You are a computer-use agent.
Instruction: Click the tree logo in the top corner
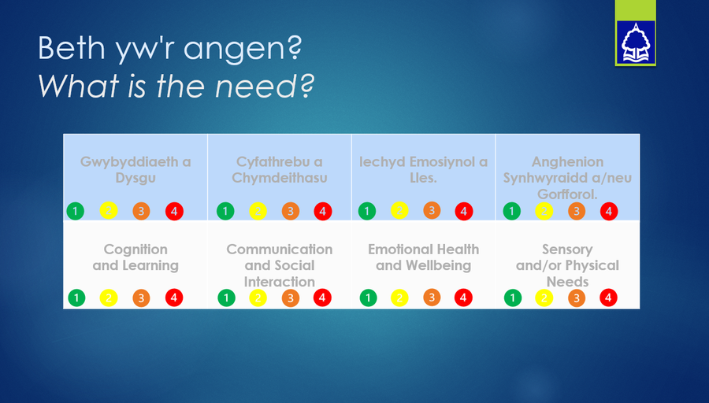point(635,42)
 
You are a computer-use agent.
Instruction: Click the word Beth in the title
point(72,47)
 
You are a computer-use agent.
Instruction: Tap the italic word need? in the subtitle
point(265,86)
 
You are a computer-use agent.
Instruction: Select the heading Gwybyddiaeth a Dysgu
point(135,169)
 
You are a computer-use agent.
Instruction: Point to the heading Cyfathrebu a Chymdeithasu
point(280,169)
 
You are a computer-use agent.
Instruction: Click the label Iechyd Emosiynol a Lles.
point(423,169)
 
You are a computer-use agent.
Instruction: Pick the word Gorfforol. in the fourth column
point(567,194)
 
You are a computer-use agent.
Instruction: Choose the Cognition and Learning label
point(135,257)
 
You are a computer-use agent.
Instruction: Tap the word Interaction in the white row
point(280,282)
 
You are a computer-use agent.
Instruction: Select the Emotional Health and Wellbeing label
point(423,257)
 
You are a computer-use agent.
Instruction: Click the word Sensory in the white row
point(567,250)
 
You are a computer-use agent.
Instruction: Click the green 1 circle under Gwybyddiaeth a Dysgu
point(76,211)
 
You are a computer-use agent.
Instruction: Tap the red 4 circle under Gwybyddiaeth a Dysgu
point(174,211)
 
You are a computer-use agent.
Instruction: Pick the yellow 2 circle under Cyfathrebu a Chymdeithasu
point(258,211)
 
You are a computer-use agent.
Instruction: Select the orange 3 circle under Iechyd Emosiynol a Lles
point(432,210)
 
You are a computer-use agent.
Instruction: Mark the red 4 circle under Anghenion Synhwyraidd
point(609,211)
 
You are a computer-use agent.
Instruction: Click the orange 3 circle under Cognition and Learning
point(141,298)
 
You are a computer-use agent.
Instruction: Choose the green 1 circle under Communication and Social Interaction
point(226,298)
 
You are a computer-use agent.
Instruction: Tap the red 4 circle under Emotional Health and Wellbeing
point(463,298)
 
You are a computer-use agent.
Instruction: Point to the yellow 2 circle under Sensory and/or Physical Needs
point(544,298)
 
